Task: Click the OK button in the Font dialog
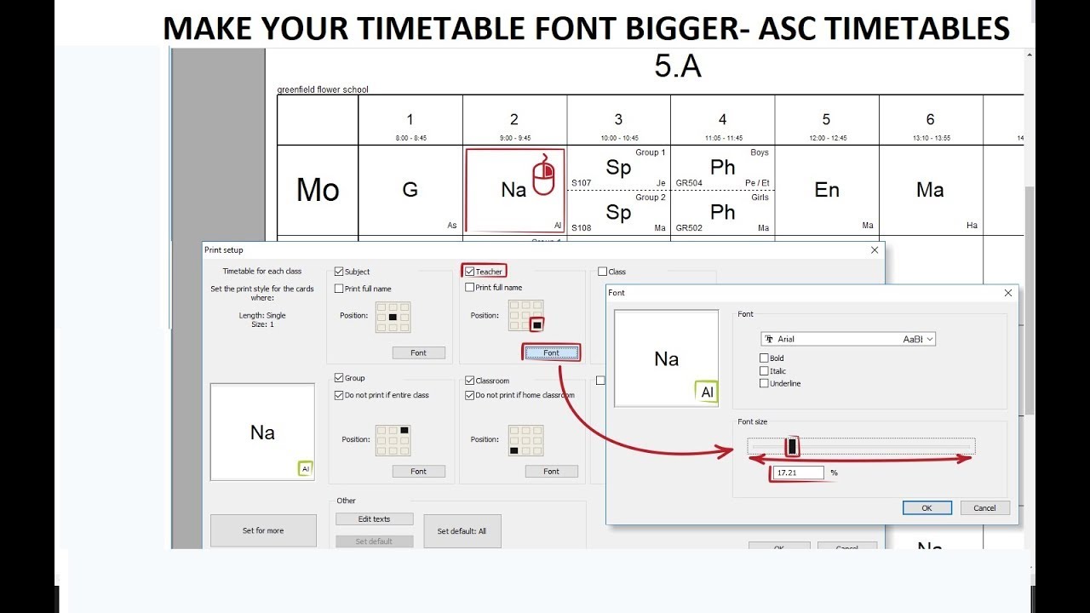click(x=926, y=507)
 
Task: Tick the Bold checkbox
click(x=764, y=358)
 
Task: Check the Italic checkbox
click(x=764, y=371)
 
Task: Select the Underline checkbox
click(x=764, y=383)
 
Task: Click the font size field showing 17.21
click(x=799, y=473)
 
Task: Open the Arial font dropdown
click(x=848, y=339)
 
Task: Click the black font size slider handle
click(x=792, y=446)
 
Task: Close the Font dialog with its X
click(x=1008, y=293)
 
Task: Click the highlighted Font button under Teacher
click(x=551, y=352)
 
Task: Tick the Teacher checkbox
click(x=470, y=272)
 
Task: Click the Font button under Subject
click(x=418, y=352)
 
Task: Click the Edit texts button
click(x=374, y=519)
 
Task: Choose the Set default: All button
click(x=462, y=531)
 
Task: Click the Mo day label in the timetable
click(x=318, y=190)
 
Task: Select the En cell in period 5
click(x=827, y=190)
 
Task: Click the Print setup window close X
click(x=875, y=250)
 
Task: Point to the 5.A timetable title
click(x=678, y=66)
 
